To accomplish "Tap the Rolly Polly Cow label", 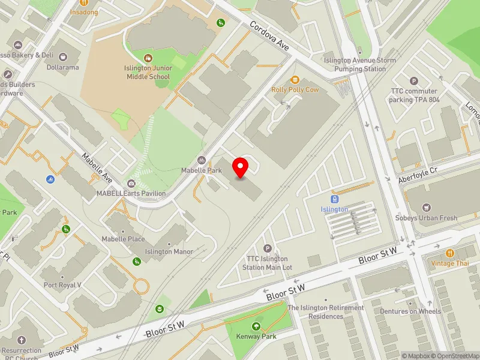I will click(295, 89).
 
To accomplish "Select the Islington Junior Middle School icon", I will click(148, 58).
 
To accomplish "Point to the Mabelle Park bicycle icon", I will click(202, 160).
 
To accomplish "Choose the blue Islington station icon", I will click(334, 199).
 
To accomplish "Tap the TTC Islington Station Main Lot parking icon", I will click(268, 248).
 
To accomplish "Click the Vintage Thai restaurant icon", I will click(450, 253).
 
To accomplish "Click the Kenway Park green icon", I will click(256, 326).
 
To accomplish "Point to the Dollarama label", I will click(63, 67).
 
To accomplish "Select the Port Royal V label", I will click(62, 285).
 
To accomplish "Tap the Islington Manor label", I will click(169, 252).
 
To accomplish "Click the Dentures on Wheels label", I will click(410, 311).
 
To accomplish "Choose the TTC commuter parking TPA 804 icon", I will click(413, 81).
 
